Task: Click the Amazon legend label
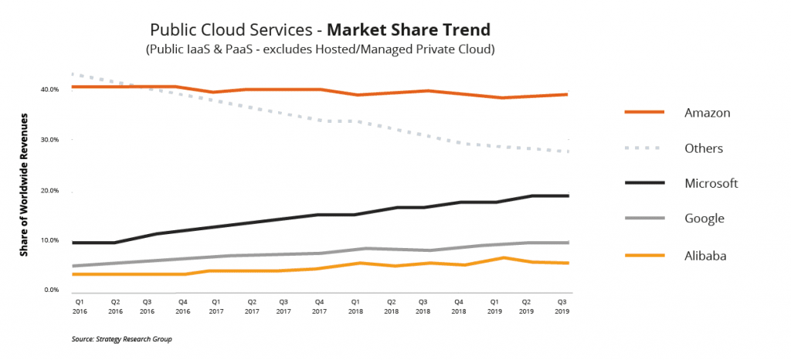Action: pyautogui.click(x=707, y=113)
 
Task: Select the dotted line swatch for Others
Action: pyautogui.click(x=644, y=148)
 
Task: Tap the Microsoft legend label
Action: pyautogui.click(x=711, y=183)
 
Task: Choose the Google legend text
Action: pyautogui.click(x=704, y=219)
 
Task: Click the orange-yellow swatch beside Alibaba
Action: pyautogui.click(x=644, y=255)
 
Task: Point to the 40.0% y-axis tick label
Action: pyautogui.click(x=50, y=90)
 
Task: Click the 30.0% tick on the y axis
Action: pyautogui.click(x=50, y=140)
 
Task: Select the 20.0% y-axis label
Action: pyautogui.click(x=50, y=191)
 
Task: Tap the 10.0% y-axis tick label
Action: pyautogui.click(x=50, y=240)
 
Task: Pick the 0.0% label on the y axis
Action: pyautogui.click(x=52, y=290)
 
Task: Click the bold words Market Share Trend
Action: pyautogui.click(x=409, y=31)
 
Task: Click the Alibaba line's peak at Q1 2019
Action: pyautogui.click(x=504, y=258)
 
